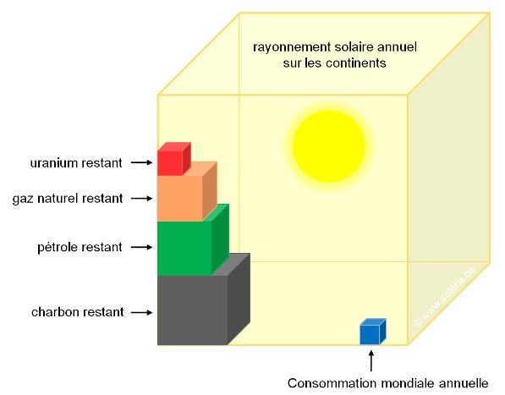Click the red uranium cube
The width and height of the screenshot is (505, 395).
pyautogui.click(x=174, y=159)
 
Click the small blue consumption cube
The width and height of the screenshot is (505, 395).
pyautogui.click(x=372, y=332)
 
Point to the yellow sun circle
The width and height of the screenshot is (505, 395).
pyautogui.click(x=329, y=146)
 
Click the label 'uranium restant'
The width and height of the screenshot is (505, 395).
pyautogui.click(x=76, y=163)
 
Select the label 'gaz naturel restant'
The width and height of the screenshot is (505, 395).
pyautogui.click(x=68, y=198)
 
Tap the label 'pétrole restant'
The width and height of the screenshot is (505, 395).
pyautogui.click(x=80, y=247)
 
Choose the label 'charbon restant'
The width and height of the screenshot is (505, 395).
pyautogui.click(x=77, y=312)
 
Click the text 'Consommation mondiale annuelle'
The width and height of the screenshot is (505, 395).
pyautogui.click(x=387, y=383)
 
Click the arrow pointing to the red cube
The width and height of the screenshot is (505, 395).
pyautogui.click(x=141, y=162)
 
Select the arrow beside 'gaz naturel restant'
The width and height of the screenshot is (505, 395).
pyautogui.click(x=141, y=198)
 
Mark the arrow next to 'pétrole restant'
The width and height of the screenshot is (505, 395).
pyautogui.click(x=141, y=247)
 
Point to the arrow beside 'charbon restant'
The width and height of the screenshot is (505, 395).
pyautogui.click(x=141, y=312)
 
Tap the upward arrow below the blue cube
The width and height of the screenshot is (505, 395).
pyautogui.click(x=371, y=361)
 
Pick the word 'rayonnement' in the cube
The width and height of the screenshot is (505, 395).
pyautogui.click(x=292, y=47)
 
